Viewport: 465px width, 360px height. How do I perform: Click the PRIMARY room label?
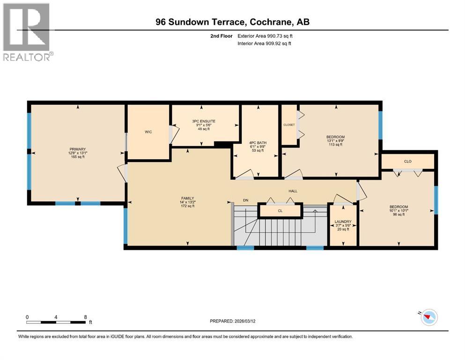coord(77,149)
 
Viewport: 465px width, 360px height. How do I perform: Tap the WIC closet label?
coord(148,132)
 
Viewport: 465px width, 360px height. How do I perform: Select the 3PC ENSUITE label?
coord(203,121)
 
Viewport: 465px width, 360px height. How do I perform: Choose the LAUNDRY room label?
coord(343,222)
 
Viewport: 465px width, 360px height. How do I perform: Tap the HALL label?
coord(293,191)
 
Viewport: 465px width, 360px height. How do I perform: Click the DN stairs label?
coord(245,200)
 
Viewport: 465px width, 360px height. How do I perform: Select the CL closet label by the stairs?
coord(280,211)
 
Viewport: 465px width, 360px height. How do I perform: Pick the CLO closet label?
coord(407,161)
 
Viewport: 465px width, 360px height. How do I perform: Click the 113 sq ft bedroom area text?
coord(335,145)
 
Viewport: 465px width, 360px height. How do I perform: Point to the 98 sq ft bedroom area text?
coord(399,214)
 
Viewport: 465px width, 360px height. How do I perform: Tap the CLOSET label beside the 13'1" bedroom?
coord(289,125)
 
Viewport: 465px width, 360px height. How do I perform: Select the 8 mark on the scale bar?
coord(85,317)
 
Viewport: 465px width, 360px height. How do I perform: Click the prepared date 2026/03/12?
coord(251,321)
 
